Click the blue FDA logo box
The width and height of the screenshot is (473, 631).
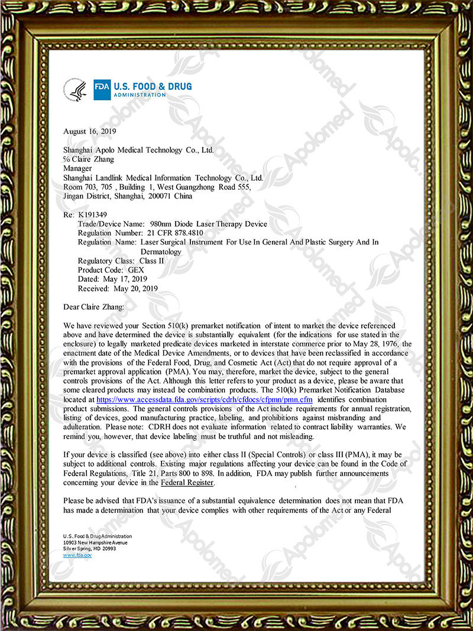[102, 90]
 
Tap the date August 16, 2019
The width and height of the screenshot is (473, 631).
[90, 131]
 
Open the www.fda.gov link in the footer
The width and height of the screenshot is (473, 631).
[77, 555]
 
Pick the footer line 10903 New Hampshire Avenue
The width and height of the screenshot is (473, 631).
[95, 542]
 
